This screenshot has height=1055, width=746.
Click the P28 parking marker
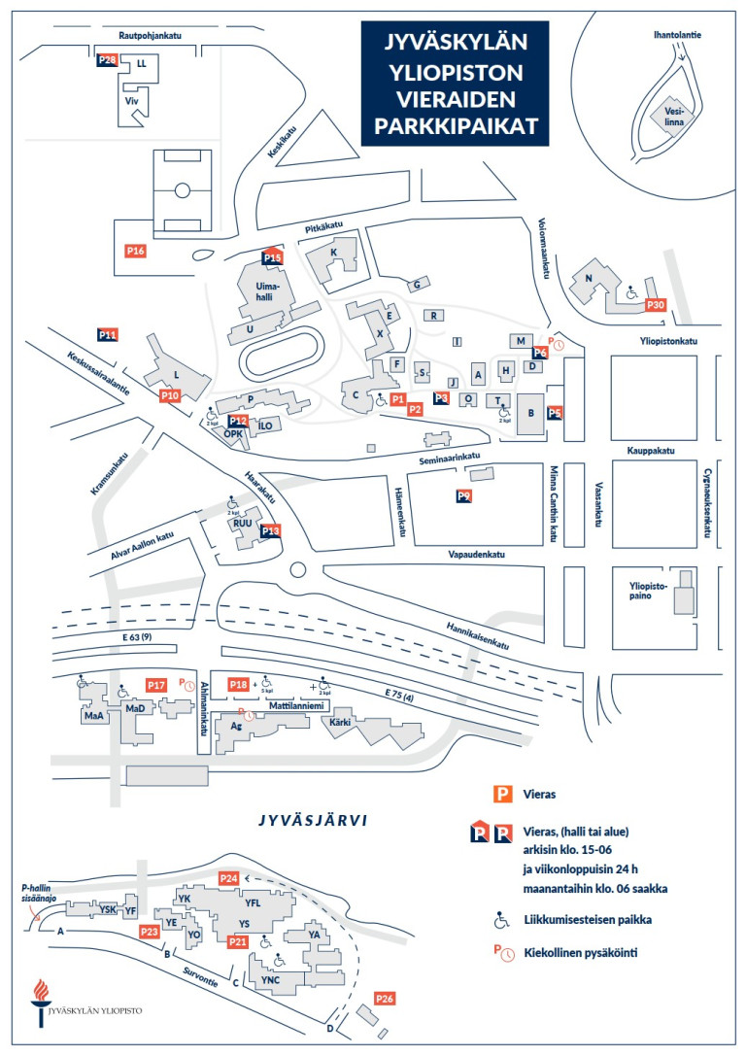coord(108,60)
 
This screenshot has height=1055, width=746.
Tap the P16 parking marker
coord(136,252)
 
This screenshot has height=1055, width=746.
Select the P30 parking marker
coord(656,305)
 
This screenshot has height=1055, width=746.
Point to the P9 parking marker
coord(464,496)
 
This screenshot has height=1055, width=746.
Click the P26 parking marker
coord(385,999)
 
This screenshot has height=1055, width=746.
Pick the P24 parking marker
coord(228,878)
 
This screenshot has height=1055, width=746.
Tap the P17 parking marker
coord(156,685)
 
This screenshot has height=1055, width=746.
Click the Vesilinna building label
coord(675,117)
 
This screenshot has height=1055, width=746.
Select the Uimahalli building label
coord(267,291)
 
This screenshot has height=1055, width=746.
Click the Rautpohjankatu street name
coord(151,35)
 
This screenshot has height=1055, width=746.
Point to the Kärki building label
coord(340,723)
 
